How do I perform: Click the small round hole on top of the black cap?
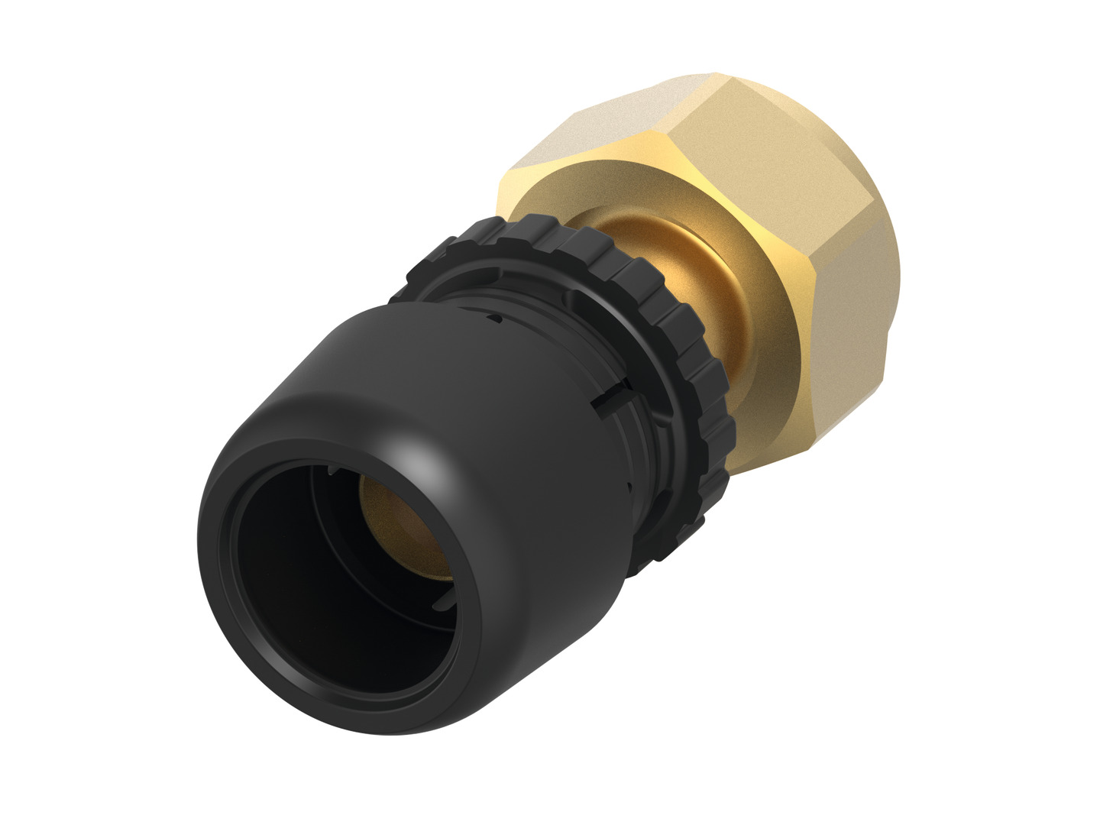click(x=497, y=316)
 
